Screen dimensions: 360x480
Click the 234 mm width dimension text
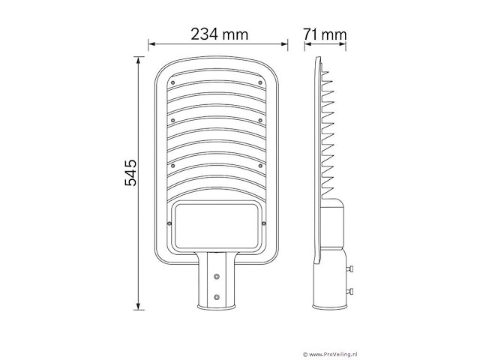pyautogui.click(x=219, y=34)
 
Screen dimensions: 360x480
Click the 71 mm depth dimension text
pyautogui.click(x=326, y=34)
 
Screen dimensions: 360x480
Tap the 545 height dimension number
pyautogui.click(x=129, y=173)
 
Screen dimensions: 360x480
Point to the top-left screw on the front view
pyautogui.click(x=172, y=82)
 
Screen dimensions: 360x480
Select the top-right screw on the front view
pyautogui.click(x=260, y=82)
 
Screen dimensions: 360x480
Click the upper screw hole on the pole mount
pyautogui.click(x=217, y=276)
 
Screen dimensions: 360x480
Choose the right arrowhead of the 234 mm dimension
pyautogui.click(x=286, y=43)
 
